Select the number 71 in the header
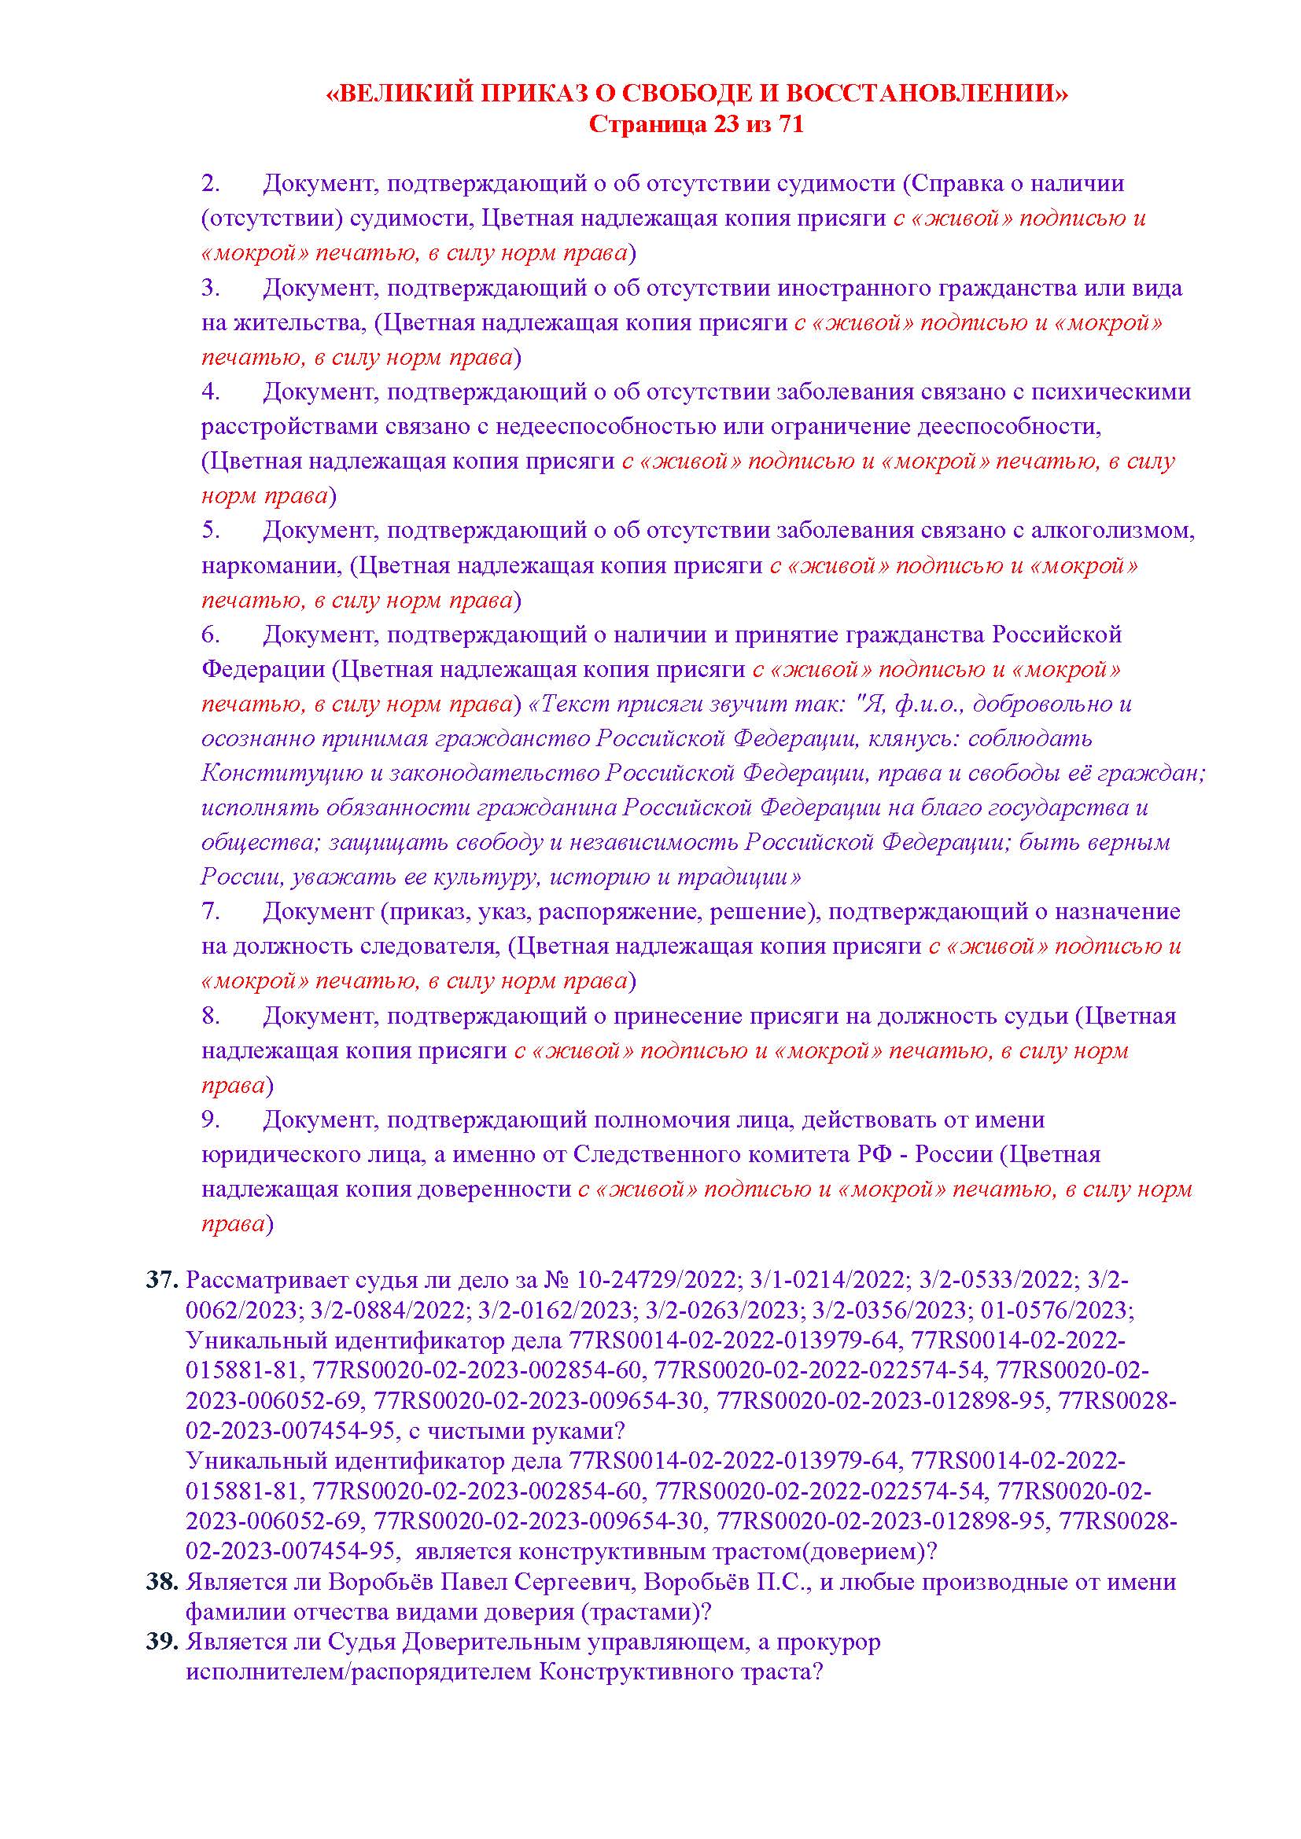790,126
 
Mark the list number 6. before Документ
210,635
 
